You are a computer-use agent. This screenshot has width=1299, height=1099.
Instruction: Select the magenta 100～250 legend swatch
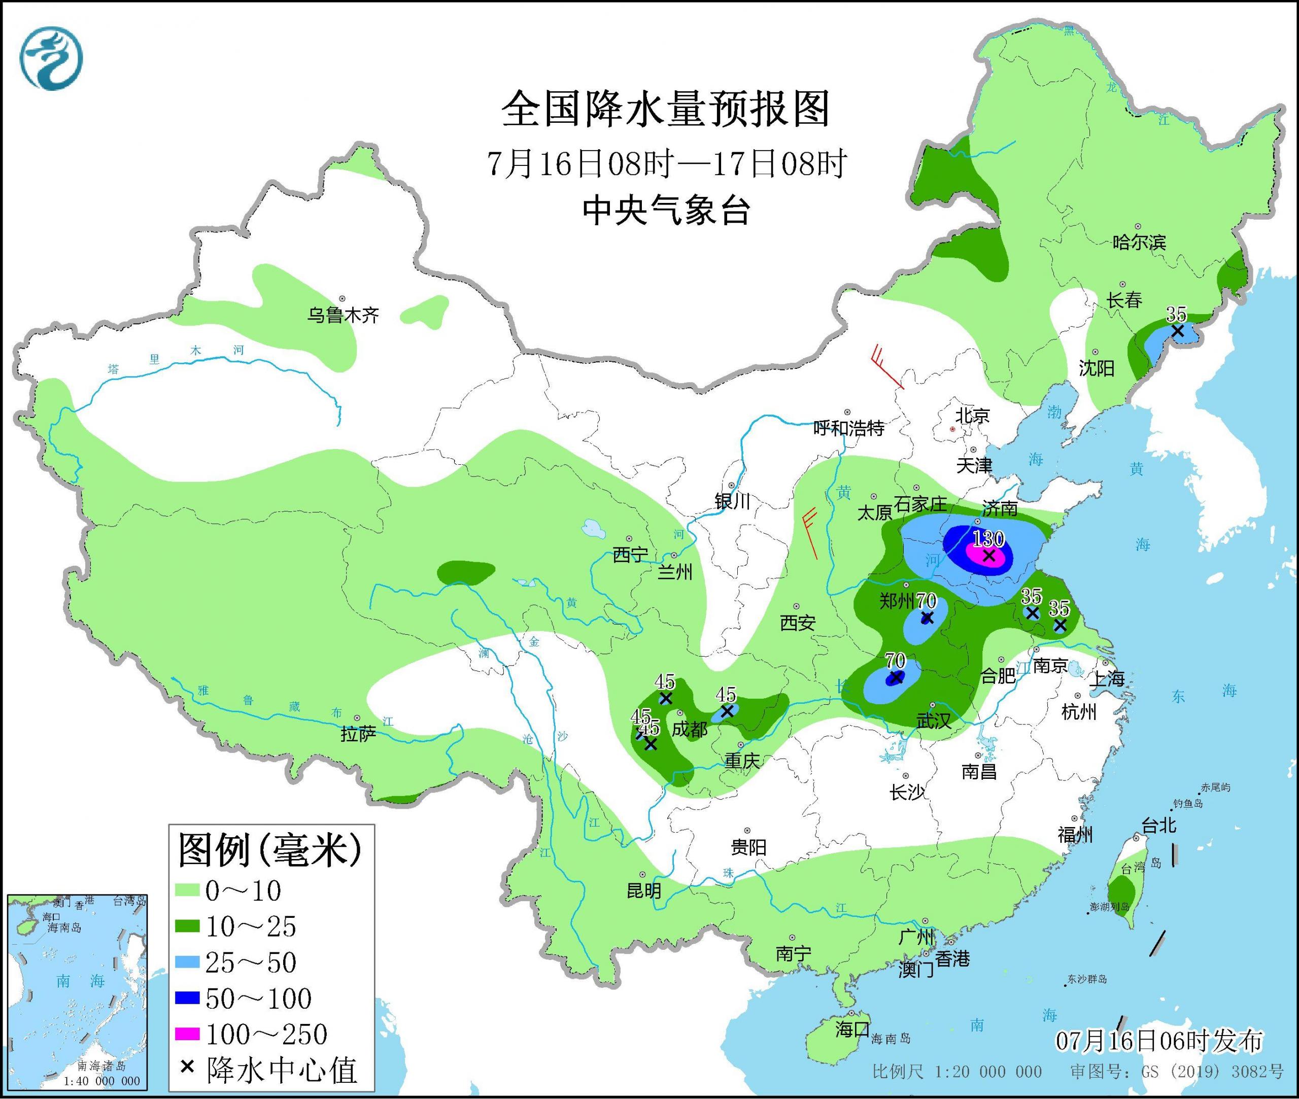(188, 1034)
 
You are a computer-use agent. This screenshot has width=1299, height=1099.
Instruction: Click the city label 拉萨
(358, 735)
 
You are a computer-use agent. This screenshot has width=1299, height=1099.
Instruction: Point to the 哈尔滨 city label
(1139, 243)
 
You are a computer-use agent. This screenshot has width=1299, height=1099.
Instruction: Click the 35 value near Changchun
(1176, 314)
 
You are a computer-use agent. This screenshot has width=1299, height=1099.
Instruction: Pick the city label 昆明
(643, 891)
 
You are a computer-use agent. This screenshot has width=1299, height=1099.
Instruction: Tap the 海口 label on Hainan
(851, 1028)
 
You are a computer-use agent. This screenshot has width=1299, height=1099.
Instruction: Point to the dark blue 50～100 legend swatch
(188, 999)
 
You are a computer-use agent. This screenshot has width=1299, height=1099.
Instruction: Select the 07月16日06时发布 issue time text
(1159, 1041)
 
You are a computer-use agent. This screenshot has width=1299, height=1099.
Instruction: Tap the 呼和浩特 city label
(848, 428)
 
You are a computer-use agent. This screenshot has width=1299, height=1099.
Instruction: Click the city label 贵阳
(748, 847)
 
